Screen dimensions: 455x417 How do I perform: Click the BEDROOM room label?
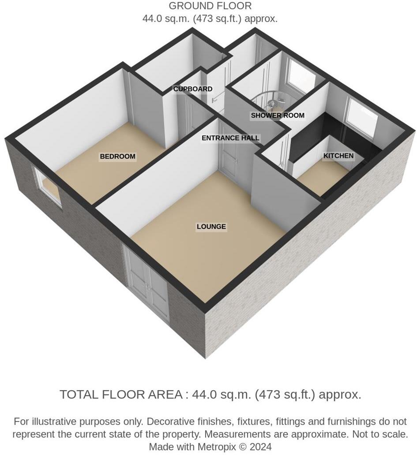coord(117,157)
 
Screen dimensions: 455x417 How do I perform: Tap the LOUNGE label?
coord(211,227)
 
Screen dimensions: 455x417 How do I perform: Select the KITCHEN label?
coord(338,156)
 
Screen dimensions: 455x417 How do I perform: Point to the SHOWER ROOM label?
coord(278,116)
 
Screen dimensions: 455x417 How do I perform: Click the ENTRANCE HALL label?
coord(230,138)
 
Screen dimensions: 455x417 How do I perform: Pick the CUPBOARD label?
coord(192,89)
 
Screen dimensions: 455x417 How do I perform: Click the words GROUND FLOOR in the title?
coord(210,6)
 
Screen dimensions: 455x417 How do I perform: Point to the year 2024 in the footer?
coord(261,447)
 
